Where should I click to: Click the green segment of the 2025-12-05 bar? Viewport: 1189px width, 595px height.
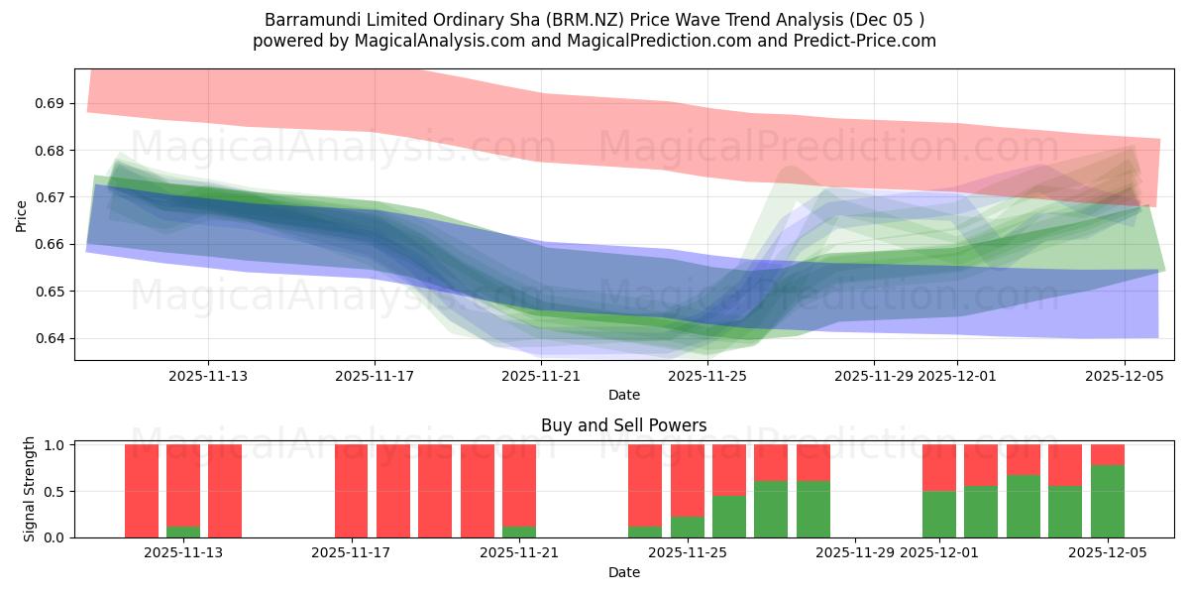click(1107, 501)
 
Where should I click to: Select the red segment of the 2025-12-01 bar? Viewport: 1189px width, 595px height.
click(938, 467)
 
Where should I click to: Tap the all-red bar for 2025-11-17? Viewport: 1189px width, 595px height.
click(351, 491)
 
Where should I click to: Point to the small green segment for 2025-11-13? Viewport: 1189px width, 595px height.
click(183, 532)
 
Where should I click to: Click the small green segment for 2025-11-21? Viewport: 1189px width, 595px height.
click(518, 532)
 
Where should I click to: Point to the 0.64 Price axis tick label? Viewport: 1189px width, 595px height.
click(51, 338)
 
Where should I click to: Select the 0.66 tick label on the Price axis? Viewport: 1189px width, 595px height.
click(51, 244)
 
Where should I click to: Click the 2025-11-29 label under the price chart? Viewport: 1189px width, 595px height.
click(873, 376)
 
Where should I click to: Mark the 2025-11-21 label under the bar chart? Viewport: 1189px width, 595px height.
click(518, 553)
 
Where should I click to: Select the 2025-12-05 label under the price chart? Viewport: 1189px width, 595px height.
click(1124, 376)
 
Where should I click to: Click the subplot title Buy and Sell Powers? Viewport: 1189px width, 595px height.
click(623, 425)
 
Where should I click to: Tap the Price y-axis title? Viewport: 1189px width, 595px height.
click(22, 216)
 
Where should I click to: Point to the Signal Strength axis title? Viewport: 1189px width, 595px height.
click(30, 489)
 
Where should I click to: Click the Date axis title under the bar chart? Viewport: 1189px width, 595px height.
click(623, 572)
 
